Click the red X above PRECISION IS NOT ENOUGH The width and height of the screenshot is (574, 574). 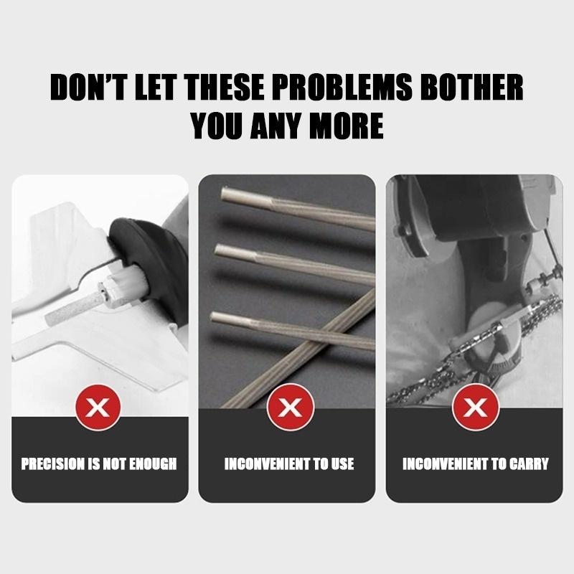(100, 409)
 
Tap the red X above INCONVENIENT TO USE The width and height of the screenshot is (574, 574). (290, 409)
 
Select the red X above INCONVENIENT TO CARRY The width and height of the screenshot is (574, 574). (474, 409)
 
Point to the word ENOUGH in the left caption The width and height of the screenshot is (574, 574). (152, 464)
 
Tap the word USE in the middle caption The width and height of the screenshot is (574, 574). (342, 464)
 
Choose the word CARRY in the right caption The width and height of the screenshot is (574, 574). (530, 464)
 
